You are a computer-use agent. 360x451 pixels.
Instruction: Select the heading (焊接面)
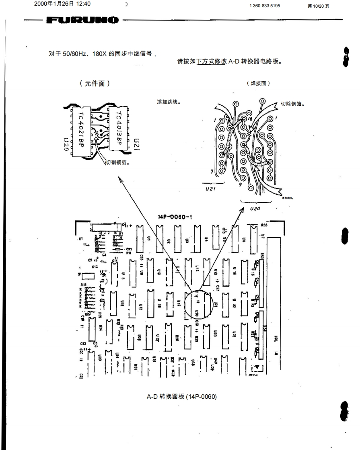point(259,83)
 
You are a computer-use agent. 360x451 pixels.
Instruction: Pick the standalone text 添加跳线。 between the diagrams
point(168,102)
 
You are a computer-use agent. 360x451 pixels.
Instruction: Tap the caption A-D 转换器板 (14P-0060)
point(182,397)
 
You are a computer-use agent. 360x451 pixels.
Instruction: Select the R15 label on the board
point(84,284)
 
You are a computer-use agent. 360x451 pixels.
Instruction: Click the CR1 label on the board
point(129,250)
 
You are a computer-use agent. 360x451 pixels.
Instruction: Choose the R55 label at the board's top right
point(265,226)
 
